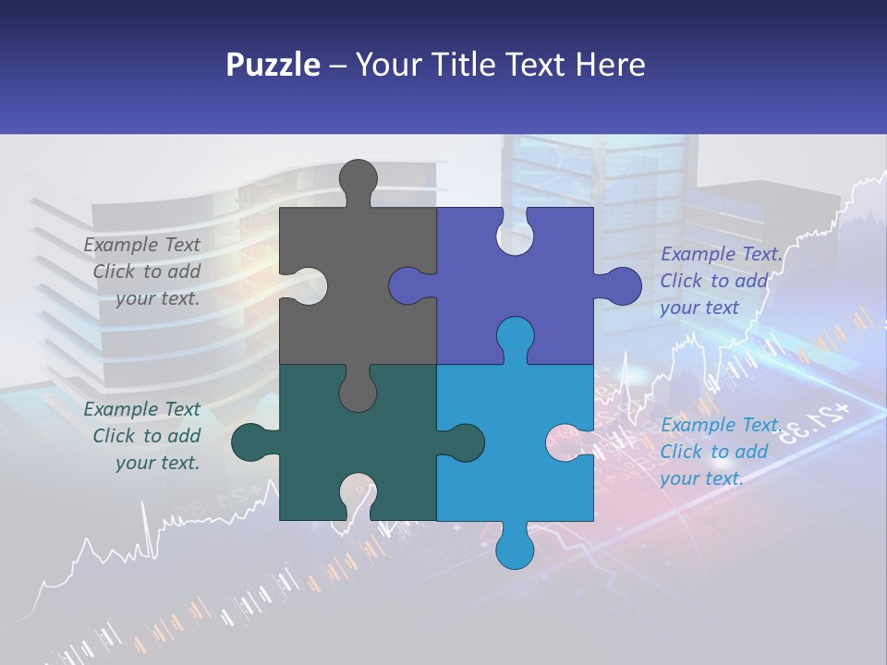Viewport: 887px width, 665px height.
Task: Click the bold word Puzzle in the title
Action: click(x=273, y=66)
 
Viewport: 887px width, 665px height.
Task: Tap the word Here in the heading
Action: click(x=610, y=66)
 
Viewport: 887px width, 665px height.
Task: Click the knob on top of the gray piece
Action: click(x=358, y=178)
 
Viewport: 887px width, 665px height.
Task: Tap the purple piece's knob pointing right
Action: click(x=621, y=285)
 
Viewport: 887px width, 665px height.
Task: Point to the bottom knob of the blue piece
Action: click(x=515, y=549)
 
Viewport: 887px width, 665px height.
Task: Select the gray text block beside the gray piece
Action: click(x=144, y=272)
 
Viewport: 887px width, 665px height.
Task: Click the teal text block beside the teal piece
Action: click(x=144, y=436)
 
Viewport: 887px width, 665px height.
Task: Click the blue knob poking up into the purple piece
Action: click(x=515, y=336)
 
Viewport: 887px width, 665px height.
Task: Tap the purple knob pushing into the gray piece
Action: click(x=409, y=285)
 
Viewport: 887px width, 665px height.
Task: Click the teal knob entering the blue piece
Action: click(x=463, y=442)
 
